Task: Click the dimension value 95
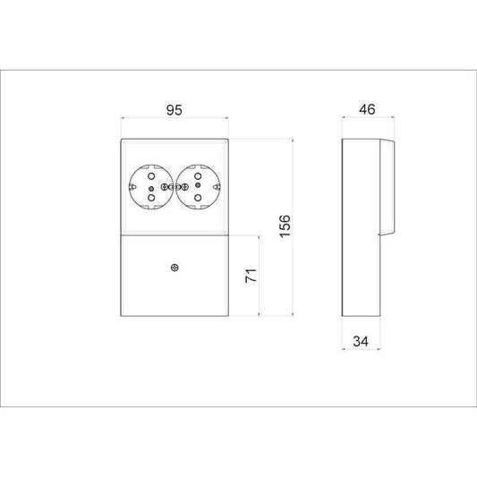pos(175,110)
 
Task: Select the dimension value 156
pos(285,226)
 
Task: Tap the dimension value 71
pos(251,276)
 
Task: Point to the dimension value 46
pos(367,109)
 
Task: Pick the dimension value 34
pos(361,341)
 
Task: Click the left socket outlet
pos(151,187)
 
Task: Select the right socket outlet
pos(198,187)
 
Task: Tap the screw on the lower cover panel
pos(175,268)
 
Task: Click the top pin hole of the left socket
pos(151,176)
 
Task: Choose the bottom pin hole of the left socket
pos(151,198)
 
